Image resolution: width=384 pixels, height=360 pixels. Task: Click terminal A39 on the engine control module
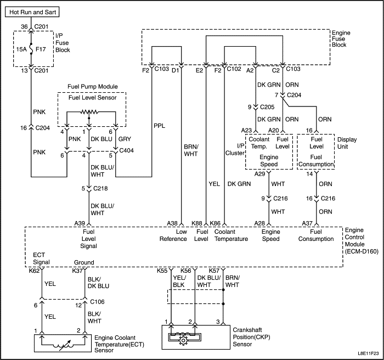(x=80, y=223)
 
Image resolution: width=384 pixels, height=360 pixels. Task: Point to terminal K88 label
(x=197, y=223)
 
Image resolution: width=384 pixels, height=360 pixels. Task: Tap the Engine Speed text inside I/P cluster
(x=269, y=160)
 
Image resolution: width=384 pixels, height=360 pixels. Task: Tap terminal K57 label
(x=214, y=271)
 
